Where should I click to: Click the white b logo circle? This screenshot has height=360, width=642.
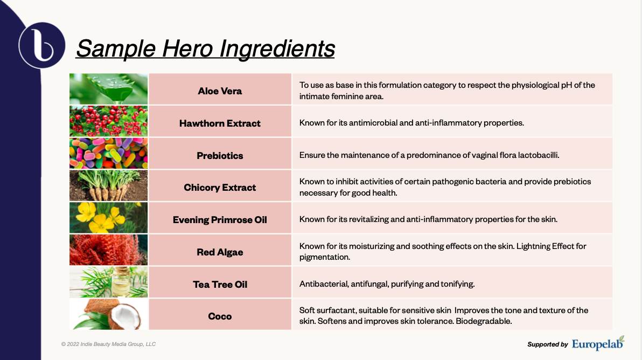pos(42,45)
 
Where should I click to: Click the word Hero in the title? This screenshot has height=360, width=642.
pos(187,49)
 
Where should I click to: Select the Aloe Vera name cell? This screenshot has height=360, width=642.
pos(220,89)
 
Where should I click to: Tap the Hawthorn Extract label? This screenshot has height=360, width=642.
pos(220,123)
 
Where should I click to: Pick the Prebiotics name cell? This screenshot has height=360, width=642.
pos(220,154)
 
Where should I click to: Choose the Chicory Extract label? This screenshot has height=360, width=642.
pos(220,188)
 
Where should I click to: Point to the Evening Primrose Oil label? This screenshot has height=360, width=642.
pos(220,220)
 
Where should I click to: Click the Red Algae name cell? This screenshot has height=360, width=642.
pos(220,250)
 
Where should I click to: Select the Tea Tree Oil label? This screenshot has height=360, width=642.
pos(220,284)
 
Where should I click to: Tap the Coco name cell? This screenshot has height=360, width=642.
pos(220,314)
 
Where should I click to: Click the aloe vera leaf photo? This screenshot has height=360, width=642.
pos(108,89)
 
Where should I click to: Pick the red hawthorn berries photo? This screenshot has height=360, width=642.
pos(108,121)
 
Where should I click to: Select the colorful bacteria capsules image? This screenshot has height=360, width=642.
pos(108,153)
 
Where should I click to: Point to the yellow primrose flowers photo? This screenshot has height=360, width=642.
pos(108,218)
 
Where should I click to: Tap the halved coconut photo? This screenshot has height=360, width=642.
pos(108,314)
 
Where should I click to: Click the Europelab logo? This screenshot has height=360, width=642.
pos(598,343)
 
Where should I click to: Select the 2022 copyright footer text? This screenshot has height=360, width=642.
pos(108,344)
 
